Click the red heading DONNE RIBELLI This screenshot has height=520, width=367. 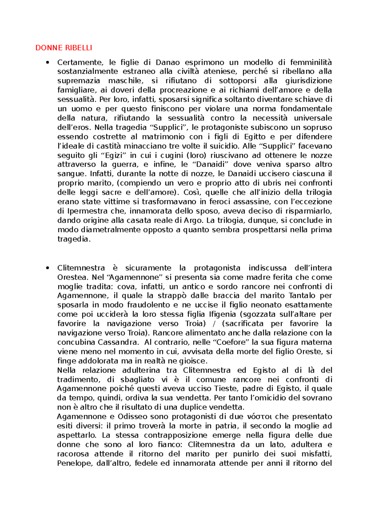[64, 48]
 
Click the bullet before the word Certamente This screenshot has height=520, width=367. [47, 63]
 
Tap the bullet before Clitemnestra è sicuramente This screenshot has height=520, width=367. [47, 268]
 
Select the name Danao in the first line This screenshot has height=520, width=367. [168, 62]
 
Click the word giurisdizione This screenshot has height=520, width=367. [308, 81]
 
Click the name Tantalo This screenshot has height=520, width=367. [302, 296]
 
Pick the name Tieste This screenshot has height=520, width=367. [224, 389]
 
